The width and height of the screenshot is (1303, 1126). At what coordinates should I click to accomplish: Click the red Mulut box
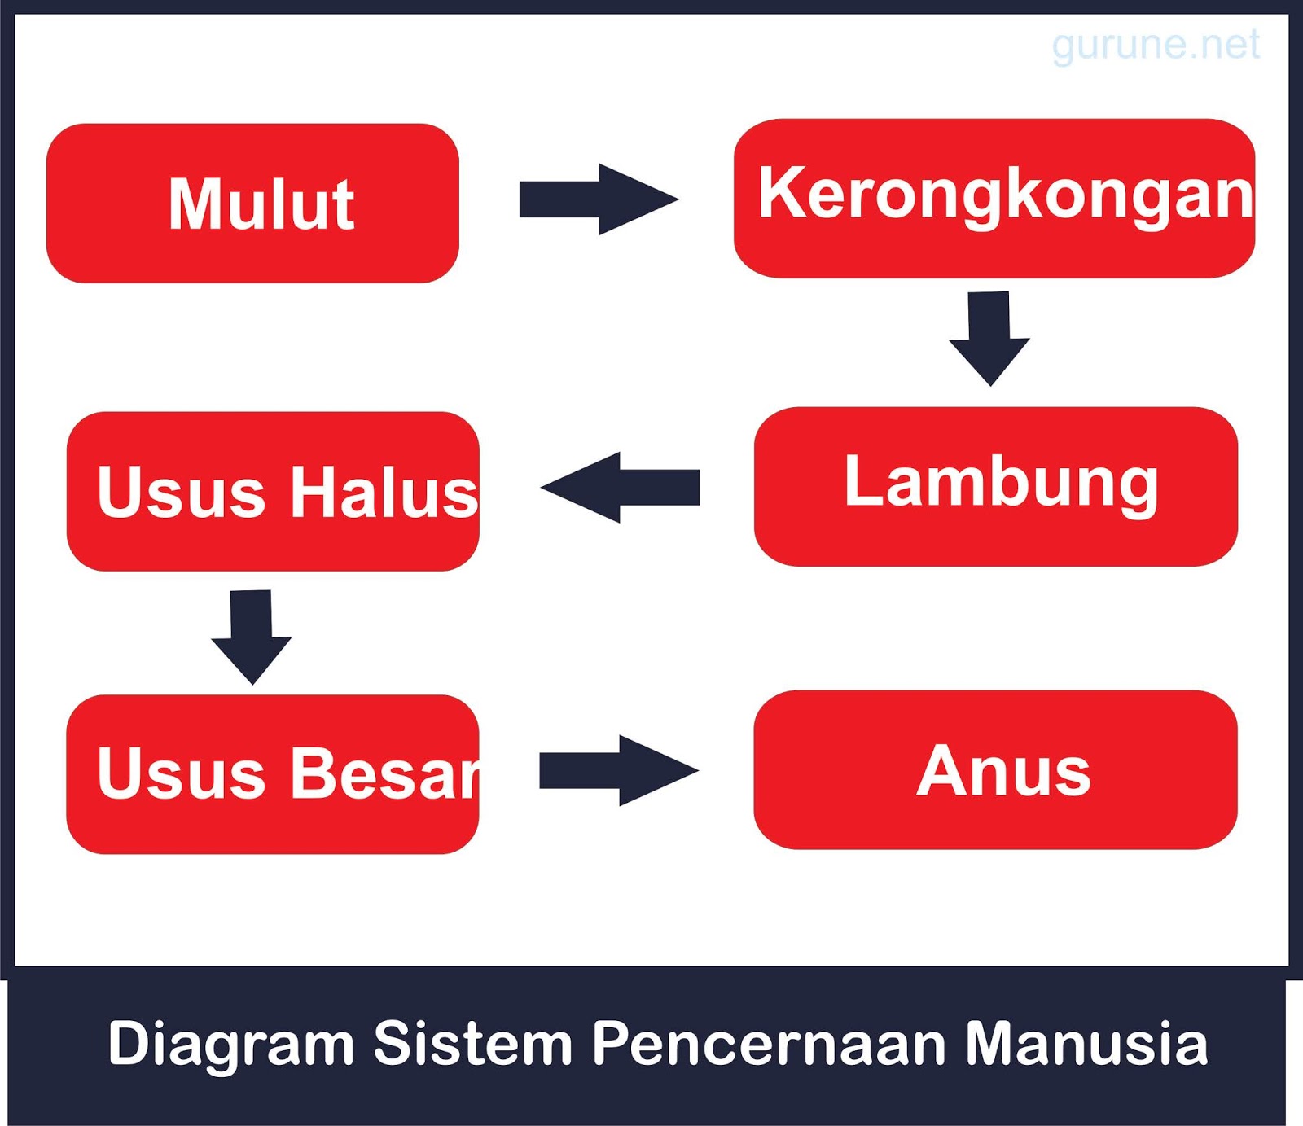point(252,204)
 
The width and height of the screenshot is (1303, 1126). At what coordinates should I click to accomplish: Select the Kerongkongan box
point(994,199)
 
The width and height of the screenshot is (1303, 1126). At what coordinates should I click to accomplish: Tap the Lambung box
point(995,486)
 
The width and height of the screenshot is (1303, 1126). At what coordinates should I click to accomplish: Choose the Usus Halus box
point(273,491)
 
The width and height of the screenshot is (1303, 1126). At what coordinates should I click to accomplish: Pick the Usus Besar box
point(272,773)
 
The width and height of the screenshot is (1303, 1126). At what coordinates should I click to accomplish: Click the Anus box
point(995,769)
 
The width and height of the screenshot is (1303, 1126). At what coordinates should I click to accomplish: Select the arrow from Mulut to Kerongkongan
point(599,199)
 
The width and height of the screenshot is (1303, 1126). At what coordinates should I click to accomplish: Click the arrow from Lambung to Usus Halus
point(621,487)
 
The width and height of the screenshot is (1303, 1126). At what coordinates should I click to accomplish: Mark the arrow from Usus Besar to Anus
point(619,770)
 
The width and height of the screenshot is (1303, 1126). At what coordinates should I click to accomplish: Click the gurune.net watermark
point(1155,45)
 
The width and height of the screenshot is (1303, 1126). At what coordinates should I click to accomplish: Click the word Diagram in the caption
point(230,1043)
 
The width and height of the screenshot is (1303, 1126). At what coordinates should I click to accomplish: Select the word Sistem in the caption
point(472,1043)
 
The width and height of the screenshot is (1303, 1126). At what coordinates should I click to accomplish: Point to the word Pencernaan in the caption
point(768,1043)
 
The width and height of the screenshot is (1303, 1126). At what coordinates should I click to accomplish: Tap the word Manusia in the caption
point(1086,1043)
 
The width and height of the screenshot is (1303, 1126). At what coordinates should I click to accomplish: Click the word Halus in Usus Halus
point(384,492)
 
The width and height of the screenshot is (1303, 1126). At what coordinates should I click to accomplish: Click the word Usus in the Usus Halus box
point(181,492)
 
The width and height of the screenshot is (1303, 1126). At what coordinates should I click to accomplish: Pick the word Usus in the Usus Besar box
point(181,773)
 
